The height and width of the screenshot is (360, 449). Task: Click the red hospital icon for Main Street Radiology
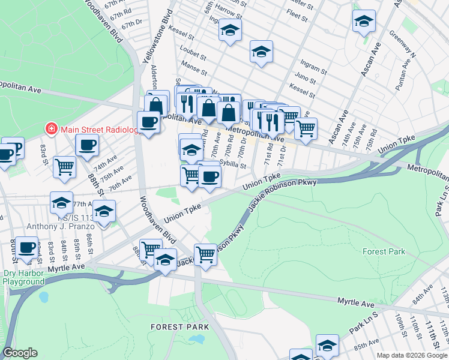(x=52, y=129)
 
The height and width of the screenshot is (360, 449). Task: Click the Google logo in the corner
(x=20, y=353)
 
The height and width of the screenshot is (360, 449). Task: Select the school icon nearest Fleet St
(x=364, y=21)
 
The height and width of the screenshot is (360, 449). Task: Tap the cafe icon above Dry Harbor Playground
(x=26, y=248)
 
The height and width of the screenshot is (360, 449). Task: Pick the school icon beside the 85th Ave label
(x=327, y=345)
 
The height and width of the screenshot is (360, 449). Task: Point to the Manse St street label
(x=194, y=70)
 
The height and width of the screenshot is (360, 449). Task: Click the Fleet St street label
(x=297, y=13)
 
